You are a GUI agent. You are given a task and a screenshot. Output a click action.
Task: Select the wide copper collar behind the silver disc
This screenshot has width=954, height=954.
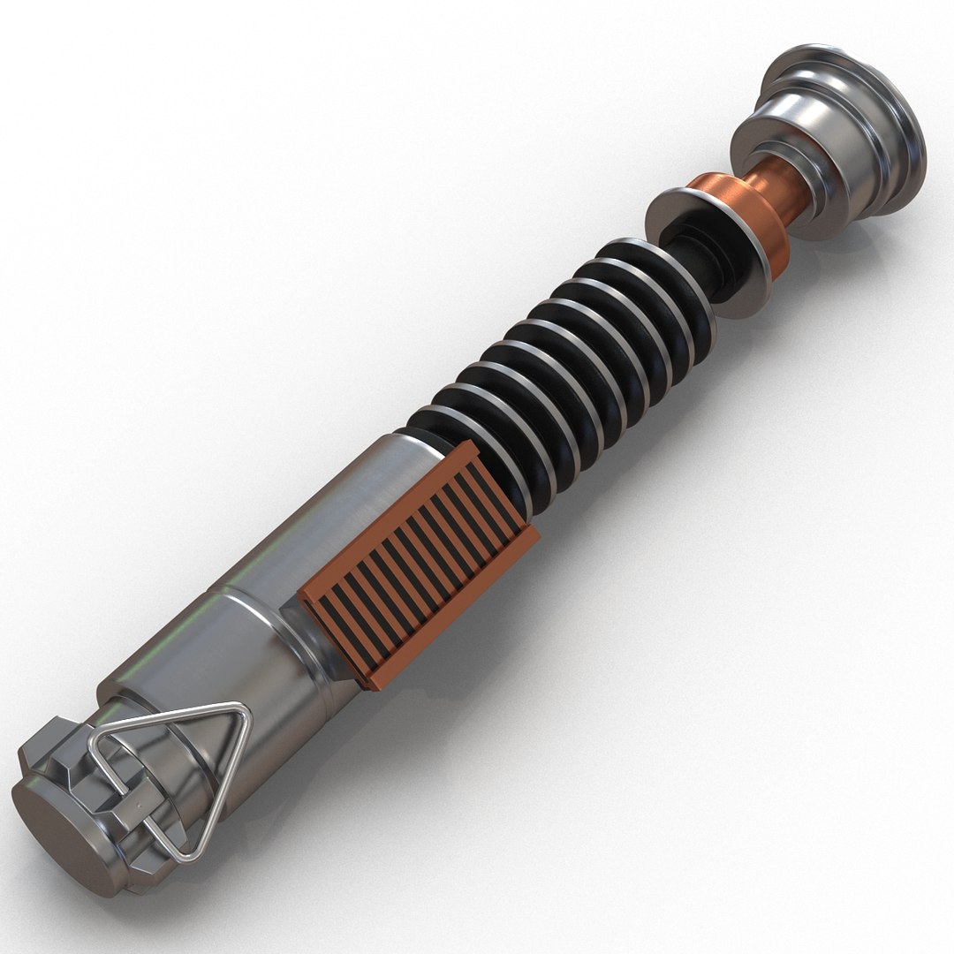click(751, 221)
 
